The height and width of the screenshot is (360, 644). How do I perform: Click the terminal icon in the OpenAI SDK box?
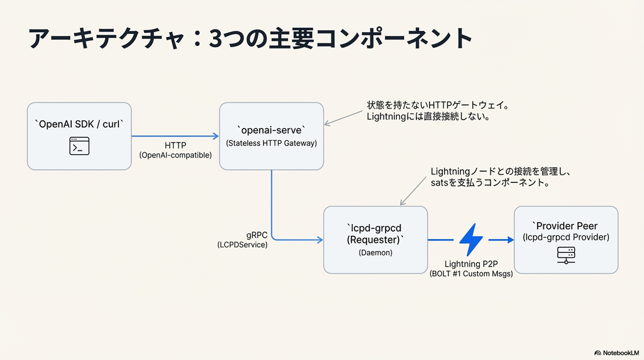[x=79, y=147]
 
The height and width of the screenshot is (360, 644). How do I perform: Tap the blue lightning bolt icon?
[x=471, y=240]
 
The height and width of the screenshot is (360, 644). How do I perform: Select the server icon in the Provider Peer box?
[x=566, y=255]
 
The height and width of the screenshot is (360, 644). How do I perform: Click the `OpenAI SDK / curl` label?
[x=79, y=124]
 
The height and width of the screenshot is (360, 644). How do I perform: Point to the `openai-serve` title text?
[x=271, y=130]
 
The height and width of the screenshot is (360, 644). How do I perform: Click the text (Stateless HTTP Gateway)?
[x=271, y=143]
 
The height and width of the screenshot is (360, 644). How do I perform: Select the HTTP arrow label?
[x=175, y=145]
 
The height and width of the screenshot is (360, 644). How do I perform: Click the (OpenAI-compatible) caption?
[x=175, y=155]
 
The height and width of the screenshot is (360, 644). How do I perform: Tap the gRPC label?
[x=257, y=235]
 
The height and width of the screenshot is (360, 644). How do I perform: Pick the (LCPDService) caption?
[x=243, y=245]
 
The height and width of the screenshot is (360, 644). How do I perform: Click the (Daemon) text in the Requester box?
[x=375, y=252]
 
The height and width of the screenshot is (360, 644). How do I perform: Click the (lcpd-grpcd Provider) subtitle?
[x=566, y=237]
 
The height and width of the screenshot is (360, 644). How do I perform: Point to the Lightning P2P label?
[x=470, y=264]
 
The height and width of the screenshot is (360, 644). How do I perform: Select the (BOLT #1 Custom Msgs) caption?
[x=470, y=274]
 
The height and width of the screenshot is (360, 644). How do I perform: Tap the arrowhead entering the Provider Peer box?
[x=508, y=240]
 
